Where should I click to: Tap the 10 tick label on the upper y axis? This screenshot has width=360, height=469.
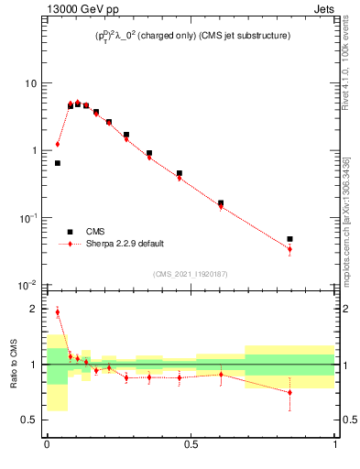tap(29, 83)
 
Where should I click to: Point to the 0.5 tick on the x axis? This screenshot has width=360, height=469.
tap(191, 445)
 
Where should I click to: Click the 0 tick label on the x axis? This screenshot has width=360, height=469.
tap(47, 445)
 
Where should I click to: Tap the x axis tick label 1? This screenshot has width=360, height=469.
tap(335, 445)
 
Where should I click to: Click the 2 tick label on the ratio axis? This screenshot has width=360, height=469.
tap(35, 309)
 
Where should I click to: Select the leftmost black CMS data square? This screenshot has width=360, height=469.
tap(58, 163)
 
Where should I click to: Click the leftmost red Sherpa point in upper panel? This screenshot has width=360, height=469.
tap(58, 144)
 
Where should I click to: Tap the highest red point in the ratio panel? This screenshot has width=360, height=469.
tap(58, 311)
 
